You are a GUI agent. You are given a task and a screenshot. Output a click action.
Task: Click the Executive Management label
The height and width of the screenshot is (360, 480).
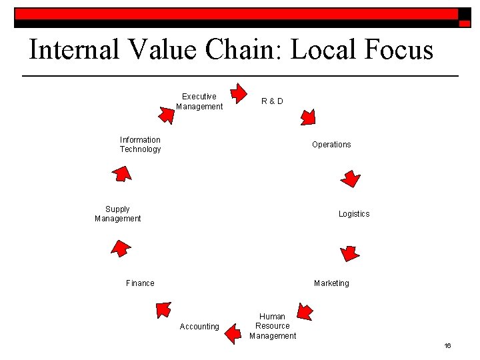pyautogui.click(x=199, y=101)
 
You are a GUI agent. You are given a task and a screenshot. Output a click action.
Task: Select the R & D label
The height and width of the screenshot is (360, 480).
pyautogui.click(x=272, y=101)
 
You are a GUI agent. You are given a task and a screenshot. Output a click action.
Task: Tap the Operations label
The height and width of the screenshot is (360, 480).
pyautogui.click(x=331, y=145)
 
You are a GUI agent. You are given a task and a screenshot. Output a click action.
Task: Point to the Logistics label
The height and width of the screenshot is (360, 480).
pyautogui.click(x=353, y=214)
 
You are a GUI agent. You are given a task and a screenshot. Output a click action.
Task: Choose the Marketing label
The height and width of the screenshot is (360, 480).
pyautogui.click(x=331, y=283)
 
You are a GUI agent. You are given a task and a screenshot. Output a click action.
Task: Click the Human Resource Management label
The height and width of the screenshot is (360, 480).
pyautogui.click(x=273, y=326)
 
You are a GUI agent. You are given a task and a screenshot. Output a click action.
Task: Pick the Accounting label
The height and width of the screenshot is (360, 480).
pyautogui.click(x=199, y=327)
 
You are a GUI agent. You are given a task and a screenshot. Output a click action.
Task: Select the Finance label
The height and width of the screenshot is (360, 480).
pyautogui.click(x=140, y=283)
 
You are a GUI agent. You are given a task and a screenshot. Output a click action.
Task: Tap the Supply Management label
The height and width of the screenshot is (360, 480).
pyautogui.click(x=118, y=214)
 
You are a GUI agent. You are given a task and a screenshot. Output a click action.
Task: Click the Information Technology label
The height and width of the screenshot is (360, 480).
pyautogui.click(x=140, y=145)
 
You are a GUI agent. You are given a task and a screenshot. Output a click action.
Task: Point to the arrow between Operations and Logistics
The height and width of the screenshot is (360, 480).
pyautogui.click(x=350, y=179)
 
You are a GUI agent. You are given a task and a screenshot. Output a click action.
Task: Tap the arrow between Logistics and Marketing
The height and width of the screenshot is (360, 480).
pyautogui.click(x=349, y=253)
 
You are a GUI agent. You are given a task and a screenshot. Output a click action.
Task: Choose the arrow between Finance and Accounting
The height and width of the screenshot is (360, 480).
pyautogui.click(x=163, y=309)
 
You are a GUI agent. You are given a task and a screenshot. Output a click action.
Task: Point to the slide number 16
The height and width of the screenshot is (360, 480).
pyautogui.click(x=447, y=345)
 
